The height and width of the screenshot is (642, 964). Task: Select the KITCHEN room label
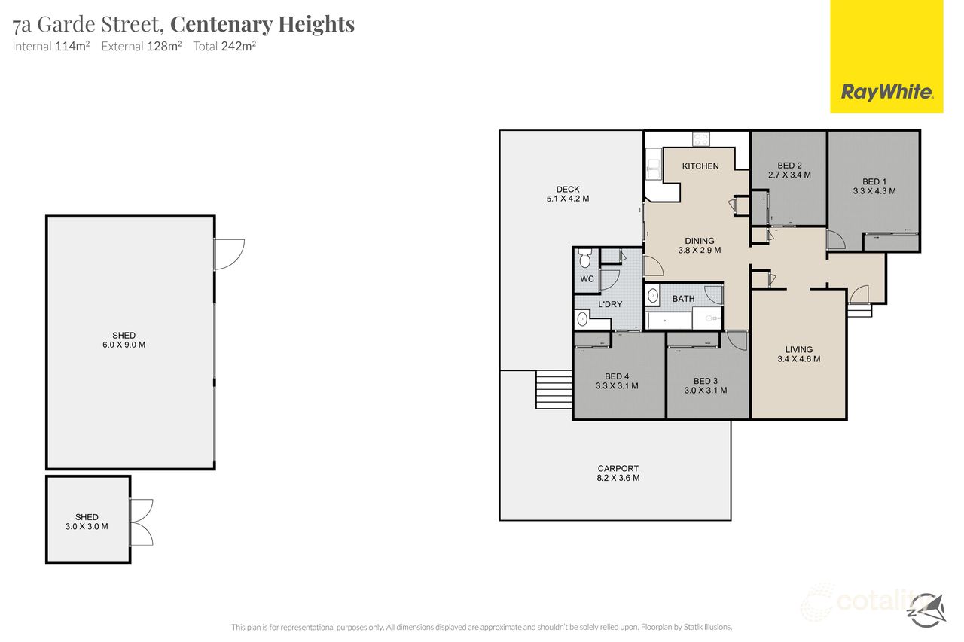700,166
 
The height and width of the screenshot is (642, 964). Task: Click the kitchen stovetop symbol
701,139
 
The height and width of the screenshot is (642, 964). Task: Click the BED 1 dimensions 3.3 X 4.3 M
874,191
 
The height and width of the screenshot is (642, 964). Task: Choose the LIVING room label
799,349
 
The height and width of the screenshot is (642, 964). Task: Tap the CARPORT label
618,468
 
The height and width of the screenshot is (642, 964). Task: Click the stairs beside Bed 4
554,390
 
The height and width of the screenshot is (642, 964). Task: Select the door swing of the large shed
230,254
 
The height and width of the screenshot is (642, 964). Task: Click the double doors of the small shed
142,522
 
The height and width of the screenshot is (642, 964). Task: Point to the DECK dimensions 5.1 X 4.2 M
568,199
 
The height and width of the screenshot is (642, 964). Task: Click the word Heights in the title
316,24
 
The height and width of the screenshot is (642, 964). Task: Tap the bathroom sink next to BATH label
653,296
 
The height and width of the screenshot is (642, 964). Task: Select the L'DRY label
610,304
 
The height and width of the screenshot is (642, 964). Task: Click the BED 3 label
706,381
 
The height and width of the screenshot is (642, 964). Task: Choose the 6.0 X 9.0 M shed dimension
124,345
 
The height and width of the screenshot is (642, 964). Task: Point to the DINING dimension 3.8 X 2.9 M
700,250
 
